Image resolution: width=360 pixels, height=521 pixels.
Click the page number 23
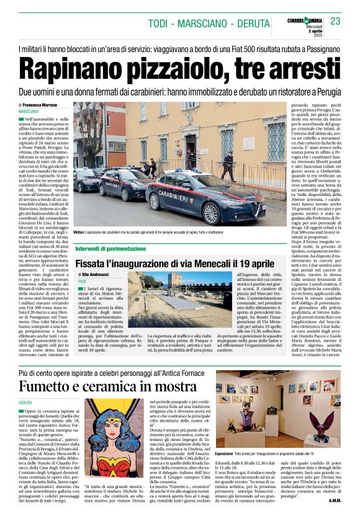(335, 21)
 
